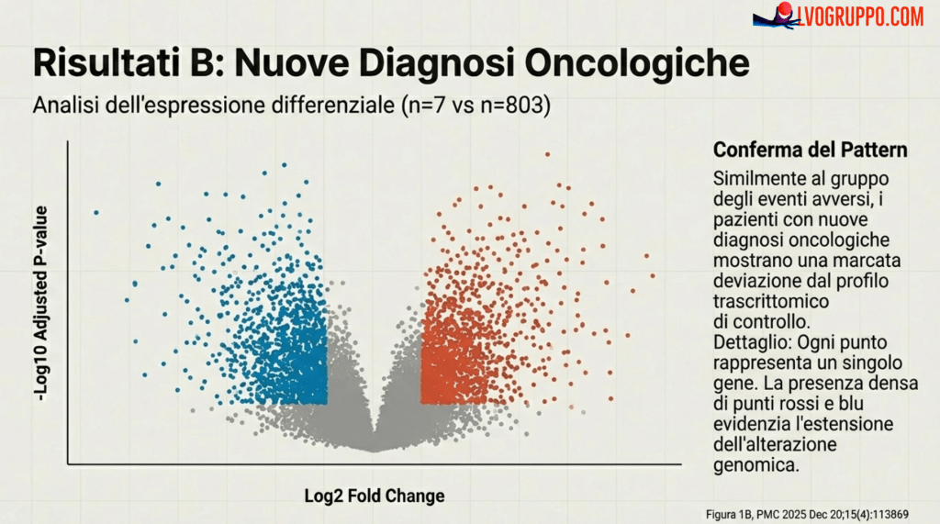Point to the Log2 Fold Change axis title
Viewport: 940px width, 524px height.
pyautogui.click(x=375, y=496)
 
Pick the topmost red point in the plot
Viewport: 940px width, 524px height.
pyautogui.click(x=548, y=154)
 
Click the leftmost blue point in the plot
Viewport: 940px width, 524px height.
pyautogui.click(x=95, y=213)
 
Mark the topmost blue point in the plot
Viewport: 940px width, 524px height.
pyautogui.click(x=285, y=165)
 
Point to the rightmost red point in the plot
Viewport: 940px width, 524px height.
pyautogui.click(x=653, y=275)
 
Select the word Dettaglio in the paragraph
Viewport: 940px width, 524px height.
pyautogui.click(x=749, y=340)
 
